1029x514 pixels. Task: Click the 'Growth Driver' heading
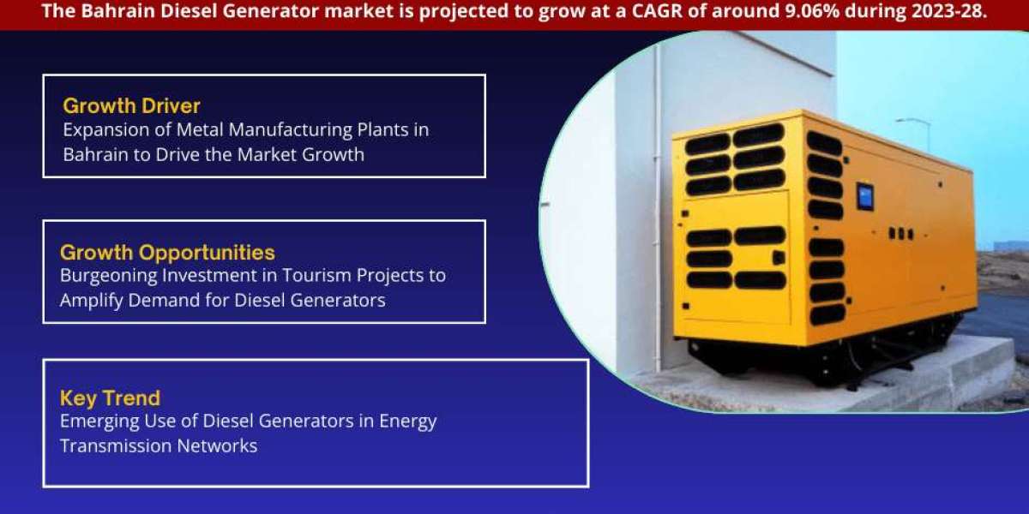coord(131,106)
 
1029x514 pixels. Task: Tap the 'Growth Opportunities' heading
coord(167,253)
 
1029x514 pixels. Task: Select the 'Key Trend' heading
coord(110,397)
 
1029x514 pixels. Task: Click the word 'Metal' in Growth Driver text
coord(200,130)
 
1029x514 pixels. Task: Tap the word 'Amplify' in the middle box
coord(91,301)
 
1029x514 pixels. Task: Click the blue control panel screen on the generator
coord(865,196)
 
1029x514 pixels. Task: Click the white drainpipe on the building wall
coord(658,206)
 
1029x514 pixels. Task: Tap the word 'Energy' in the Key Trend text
coord(407,421)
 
